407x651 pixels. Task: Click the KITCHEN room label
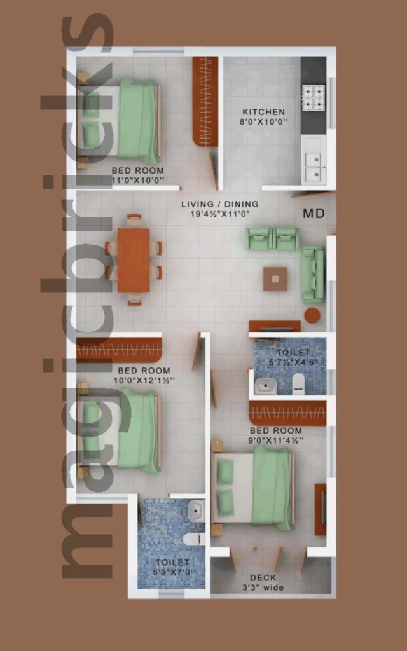tap(264, 112)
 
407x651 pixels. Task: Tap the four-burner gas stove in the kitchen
tap(313, 97)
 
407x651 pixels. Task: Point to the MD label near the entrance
tap(314, 214)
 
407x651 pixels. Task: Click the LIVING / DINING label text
tap(219, 204)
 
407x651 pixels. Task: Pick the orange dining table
tap(134, 260)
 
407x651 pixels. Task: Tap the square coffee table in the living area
tap(275, 279)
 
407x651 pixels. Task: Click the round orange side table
tap(312, 315)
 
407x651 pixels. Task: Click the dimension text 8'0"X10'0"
tap(264, 122)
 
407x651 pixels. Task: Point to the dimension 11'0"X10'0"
tap(138, 180)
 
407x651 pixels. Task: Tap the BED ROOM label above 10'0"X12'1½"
tap(144, 371)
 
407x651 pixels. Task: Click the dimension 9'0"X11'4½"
tap(276, 441)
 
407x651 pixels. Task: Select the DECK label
tap(263, 577)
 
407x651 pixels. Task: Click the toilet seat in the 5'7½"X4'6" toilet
tap(299, 383)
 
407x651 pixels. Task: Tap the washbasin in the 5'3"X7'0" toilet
tap(197, 511)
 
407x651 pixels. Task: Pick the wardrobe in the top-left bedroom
tap(205, 101)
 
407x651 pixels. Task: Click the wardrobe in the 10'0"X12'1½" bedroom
tap(119, 350)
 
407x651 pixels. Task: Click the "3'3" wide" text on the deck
tap(263, 587)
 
